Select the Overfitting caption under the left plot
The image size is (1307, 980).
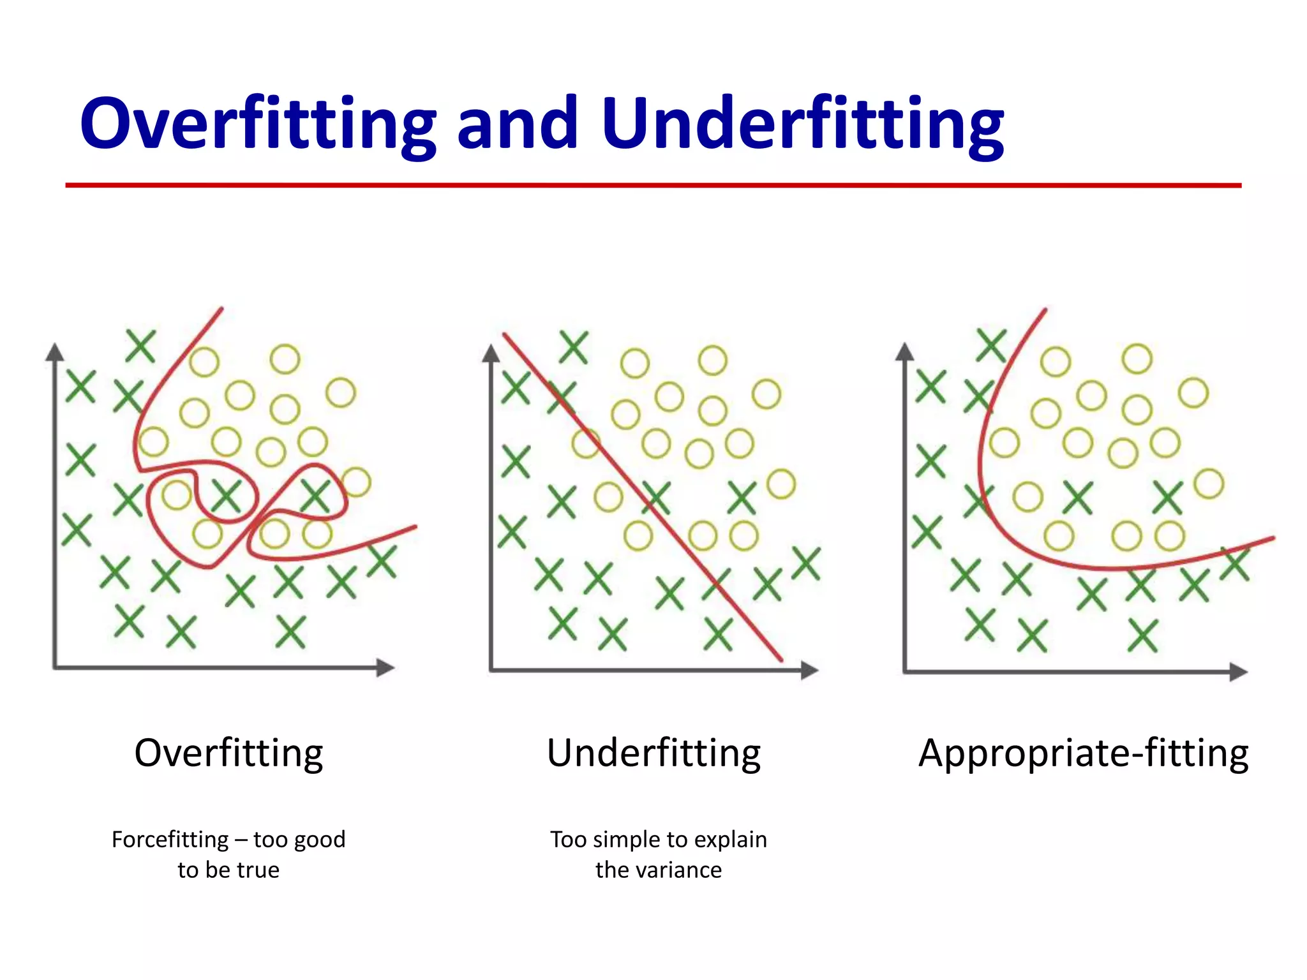click(228, 753)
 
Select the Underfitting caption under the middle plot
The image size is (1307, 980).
click(653, 753)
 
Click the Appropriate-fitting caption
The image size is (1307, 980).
click(1083, 753)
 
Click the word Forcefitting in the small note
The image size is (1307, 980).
click(170, 839)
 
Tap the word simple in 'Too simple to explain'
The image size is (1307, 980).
click(628, 839)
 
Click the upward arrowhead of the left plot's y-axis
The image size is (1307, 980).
click(55, 352)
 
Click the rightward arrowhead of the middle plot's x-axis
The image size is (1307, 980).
click(809, 670)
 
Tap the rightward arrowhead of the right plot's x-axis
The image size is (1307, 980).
click(1238, 672)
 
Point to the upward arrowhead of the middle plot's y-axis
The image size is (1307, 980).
click(491, 353)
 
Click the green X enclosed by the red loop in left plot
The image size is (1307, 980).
click(226, 496)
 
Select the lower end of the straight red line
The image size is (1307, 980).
click(780, 659)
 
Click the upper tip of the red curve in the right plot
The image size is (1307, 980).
click(1045, 311)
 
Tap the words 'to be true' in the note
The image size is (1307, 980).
click(228, 870)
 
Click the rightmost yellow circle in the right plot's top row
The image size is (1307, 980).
click(1193, 392)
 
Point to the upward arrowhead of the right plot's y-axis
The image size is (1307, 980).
click(904, 352)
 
